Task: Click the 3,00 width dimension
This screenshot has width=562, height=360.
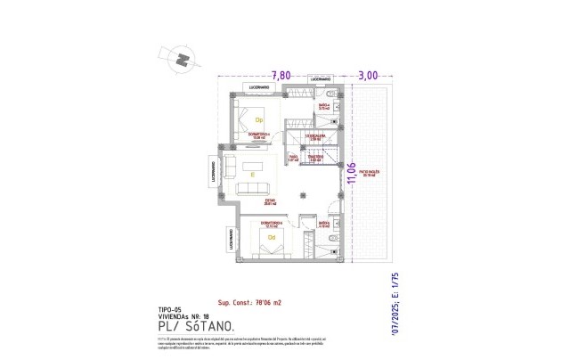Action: tap(368, 77)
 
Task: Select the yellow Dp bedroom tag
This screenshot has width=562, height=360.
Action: tap(259, 119)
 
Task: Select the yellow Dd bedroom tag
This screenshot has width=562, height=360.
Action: tap(270, 238)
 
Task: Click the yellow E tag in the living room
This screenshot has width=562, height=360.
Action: tap(253, 174)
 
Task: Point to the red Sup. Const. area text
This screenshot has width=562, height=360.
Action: tap(249, 303)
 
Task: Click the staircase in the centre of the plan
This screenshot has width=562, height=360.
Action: tap(314, 148)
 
